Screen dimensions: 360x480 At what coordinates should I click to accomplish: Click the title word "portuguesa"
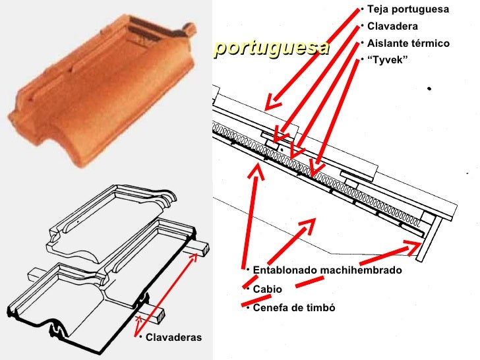(x=271, y=48)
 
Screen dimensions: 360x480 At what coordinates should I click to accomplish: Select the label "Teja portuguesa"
(x=407, y=10)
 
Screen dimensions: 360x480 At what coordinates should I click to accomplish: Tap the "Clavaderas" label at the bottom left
(x=173, y=338)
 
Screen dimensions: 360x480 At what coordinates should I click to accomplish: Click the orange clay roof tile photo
(x=105, y=92)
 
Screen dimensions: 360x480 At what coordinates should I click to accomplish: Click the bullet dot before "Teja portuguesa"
(x=362, y=10)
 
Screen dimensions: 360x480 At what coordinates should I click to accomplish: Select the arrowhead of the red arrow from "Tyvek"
(x=315, y=173)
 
